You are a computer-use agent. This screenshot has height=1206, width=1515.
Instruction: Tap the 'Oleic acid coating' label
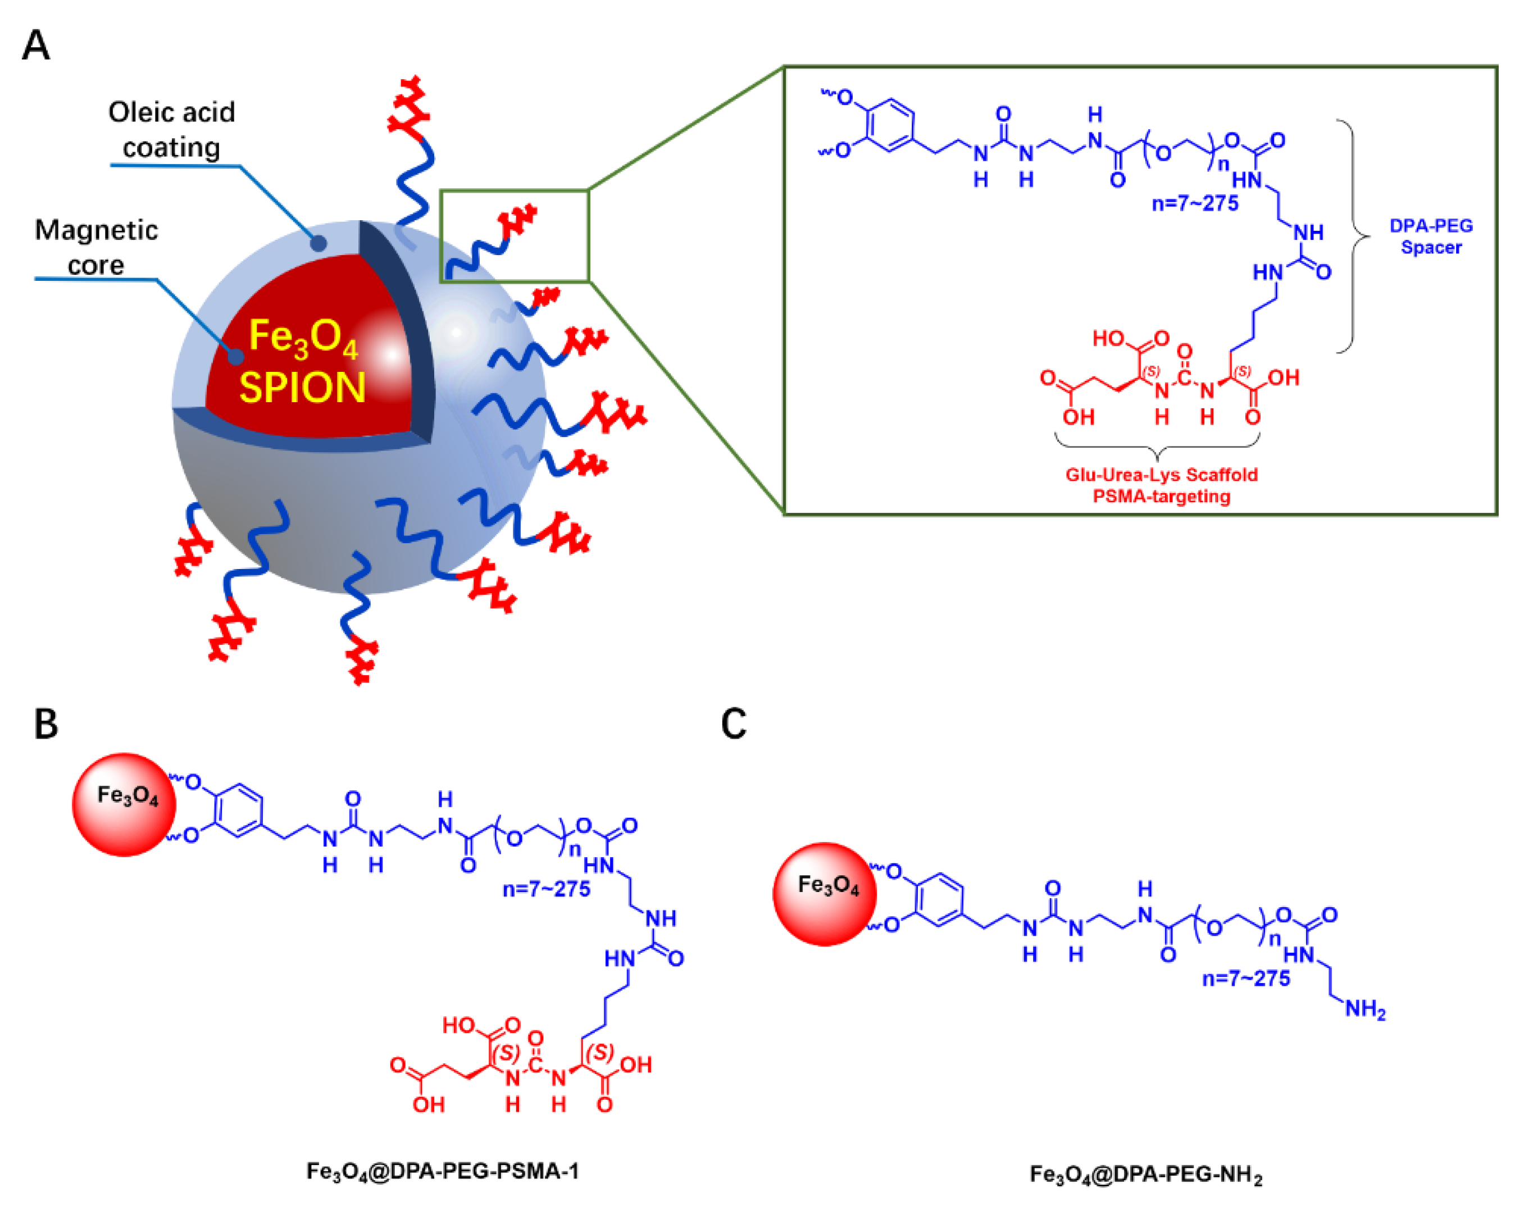[171, 130]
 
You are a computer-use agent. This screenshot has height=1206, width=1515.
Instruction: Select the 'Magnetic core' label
[96, 247]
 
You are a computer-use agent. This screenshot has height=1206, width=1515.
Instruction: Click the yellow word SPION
[302, 387]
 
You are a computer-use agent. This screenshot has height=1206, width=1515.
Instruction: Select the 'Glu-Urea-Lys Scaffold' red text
[1161, 475]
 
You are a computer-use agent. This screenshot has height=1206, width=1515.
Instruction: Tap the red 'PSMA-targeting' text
[1161, 496]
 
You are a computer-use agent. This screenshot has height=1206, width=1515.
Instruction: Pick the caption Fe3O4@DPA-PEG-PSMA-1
[442, 1171]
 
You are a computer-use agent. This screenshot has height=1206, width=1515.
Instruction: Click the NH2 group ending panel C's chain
[1364, 1010]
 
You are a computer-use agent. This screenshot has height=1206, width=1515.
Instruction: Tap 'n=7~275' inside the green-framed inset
[1195, 204]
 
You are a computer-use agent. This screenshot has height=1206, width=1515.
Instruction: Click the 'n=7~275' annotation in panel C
[1245, 979]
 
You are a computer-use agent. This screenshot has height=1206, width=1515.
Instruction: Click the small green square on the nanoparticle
[515, 236]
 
